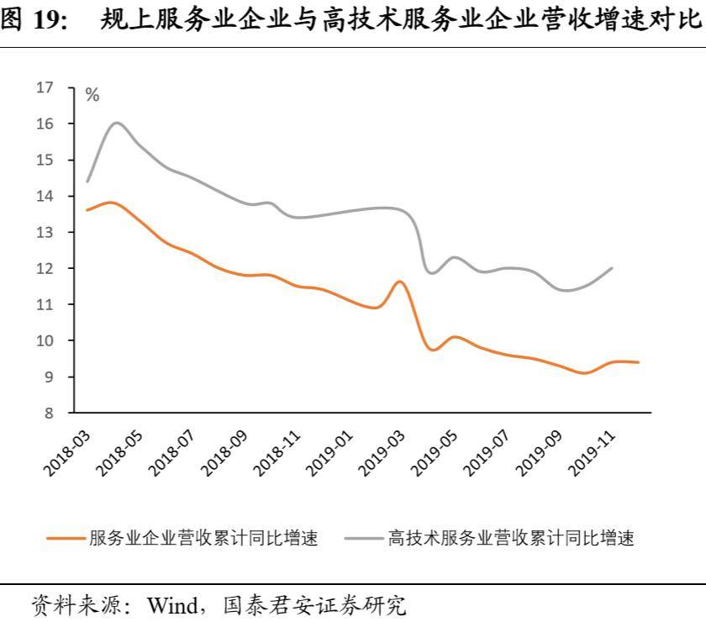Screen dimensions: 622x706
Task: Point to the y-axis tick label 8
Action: click(x=49, y=413)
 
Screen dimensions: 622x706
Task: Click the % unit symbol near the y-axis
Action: click(x=92, y=96)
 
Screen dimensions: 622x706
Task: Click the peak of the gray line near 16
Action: click(x=116, y=123)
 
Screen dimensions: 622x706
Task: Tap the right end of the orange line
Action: click(x=639, y=362)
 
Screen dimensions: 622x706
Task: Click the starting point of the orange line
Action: click(x=87, y=210)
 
